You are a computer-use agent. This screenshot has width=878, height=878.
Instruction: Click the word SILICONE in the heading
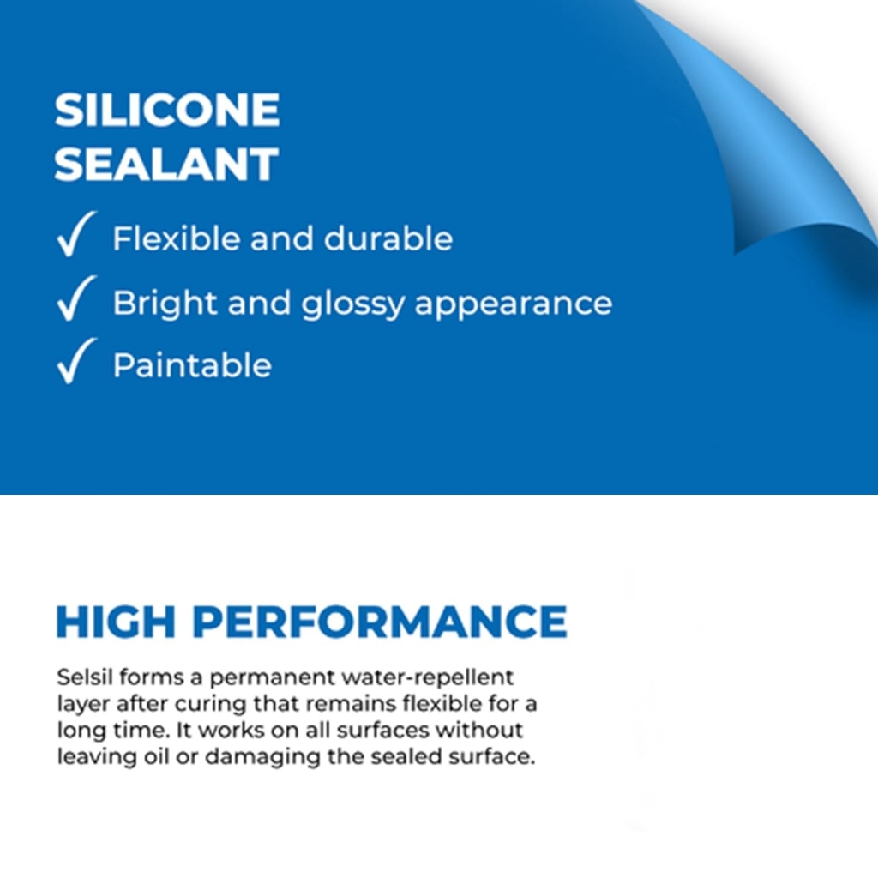(x=167, y=110)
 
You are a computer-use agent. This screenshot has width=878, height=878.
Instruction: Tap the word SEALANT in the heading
(x=166, y=164)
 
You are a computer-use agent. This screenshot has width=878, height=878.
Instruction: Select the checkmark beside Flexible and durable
(x=76, y=234)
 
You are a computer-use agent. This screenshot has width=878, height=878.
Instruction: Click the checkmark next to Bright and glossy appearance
(x=76, y=298)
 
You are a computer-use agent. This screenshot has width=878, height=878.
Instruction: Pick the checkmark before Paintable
(x=76, y=361)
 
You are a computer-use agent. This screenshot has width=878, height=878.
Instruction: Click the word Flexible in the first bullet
(x=177, y=238)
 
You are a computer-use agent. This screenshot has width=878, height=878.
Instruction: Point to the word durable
(x=388, y=238)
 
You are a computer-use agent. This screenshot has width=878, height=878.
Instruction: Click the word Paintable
(x=192, y=365)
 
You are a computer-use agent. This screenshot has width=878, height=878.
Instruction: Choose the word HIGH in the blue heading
(x=116, y=622)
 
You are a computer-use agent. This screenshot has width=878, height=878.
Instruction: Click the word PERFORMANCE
(x=380, y=622)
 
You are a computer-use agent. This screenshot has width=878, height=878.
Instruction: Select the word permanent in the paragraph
(x=273, y=679)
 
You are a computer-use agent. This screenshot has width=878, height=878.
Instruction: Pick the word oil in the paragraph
(x=157, y=756)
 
